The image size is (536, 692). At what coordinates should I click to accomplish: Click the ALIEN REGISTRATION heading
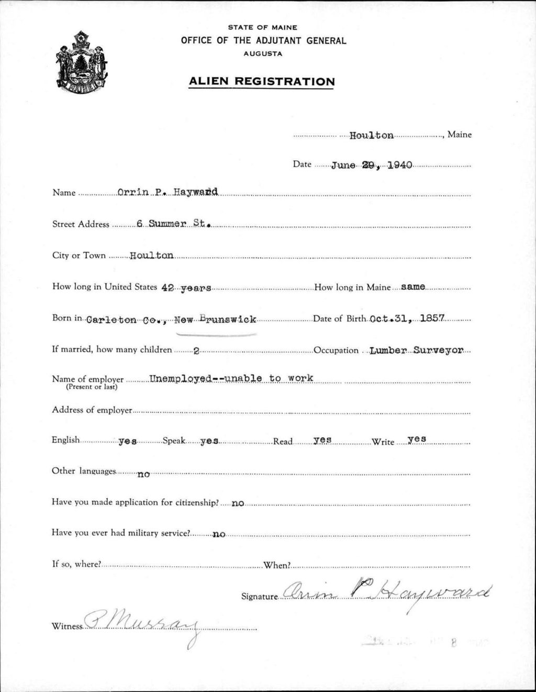click(x=261, y=81)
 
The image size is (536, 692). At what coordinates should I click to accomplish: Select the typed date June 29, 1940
click(x=372, y=164)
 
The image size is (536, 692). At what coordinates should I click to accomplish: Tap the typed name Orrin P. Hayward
click(x=167, y=192)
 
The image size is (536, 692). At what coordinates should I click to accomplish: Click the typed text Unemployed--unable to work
click(x=231, y=378)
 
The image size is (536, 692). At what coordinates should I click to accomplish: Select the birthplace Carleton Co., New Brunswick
click(x=171, y=319)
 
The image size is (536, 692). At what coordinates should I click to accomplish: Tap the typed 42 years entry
click(x=186, y=288)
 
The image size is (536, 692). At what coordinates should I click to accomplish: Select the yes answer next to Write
click(x=417, y=439)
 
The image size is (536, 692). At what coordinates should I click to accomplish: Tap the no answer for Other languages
click(x=143, y=474)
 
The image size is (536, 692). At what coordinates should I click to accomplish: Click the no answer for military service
click(x=219, y=534)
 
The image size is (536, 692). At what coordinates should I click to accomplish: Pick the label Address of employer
click(x=92, y=410)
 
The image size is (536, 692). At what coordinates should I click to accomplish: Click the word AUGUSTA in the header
click(x=263, y=54)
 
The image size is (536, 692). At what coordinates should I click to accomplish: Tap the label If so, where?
click(x=76, y=564)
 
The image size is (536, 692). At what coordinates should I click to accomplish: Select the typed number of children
click(x=195, y=351)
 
